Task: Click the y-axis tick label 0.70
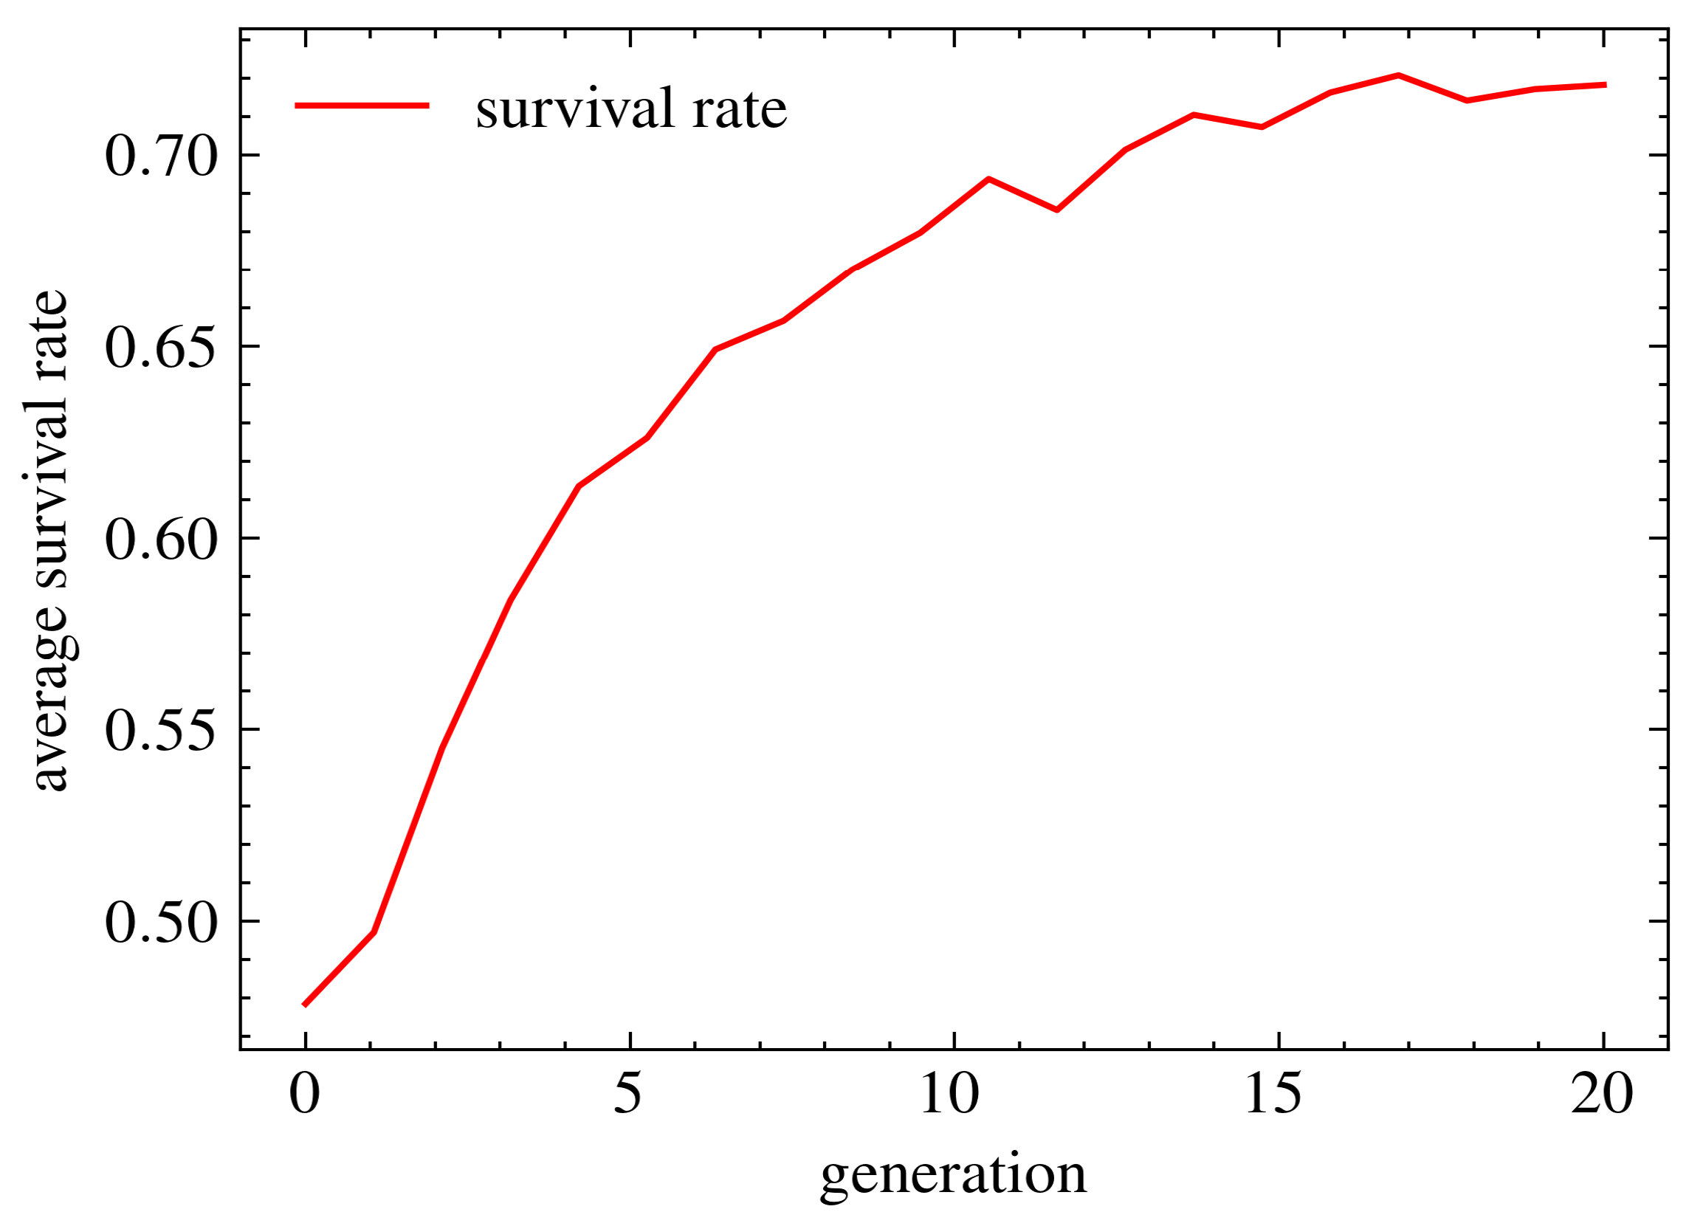click(160, 158)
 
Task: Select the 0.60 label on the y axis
click(160, 541)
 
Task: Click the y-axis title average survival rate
click(51, 541)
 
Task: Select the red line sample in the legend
click(362, 106)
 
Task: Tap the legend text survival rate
click(631, 109)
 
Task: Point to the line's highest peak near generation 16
click(1399, 75)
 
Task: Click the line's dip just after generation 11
click(1058, 210)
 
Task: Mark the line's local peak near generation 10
click(988, 179)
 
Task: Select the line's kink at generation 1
click(374, 931)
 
